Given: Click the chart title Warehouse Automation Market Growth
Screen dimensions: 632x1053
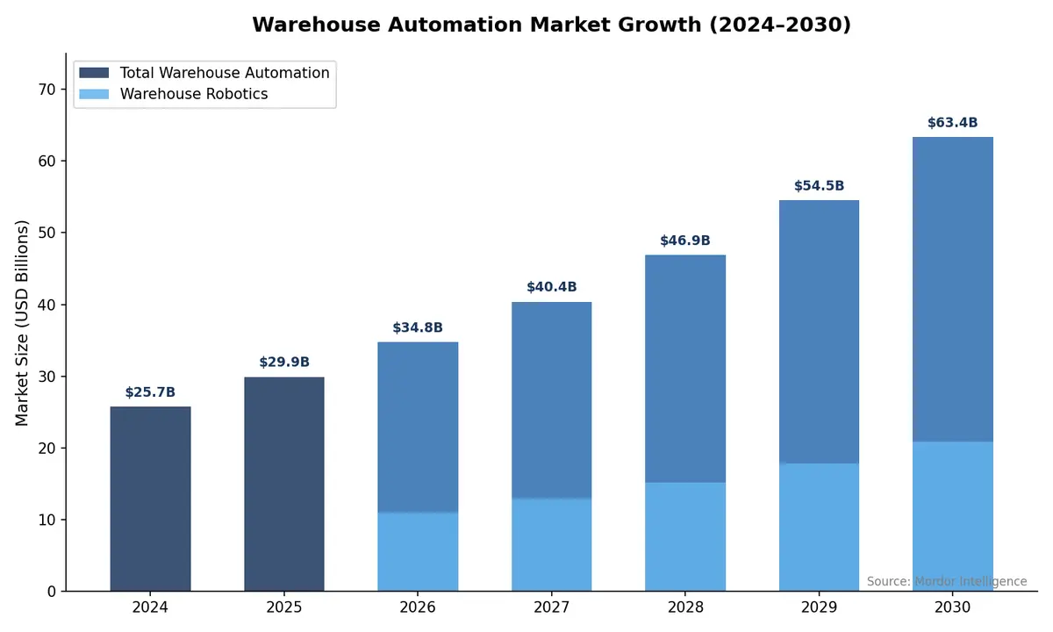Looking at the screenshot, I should coord(551,25).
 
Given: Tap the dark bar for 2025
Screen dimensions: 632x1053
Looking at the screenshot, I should coord(284,484).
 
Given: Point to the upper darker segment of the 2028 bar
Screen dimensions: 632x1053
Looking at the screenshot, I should coord(685,369).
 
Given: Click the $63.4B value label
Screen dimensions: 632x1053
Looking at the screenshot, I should coord(952,123).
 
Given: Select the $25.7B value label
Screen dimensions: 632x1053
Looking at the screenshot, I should coord(150,392).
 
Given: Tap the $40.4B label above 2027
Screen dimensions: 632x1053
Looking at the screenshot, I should coord(551,287).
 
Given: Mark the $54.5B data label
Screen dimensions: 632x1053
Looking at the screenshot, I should coord(819,186).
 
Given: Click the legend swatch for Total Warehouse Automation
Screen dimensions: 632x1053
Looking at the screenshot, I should coord(94,73).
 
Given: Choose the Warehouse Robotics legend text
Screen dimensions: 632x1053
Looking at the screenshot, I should coord(194,94).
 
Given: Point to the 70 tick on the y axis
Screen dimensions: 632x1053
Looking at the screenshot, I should coord(47,90).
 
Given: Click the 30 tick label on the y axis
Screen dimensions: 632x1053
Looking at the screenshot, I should coord(47,377).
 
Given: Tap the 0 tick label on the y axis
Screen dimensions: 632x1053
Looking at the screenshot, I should coord(51,592).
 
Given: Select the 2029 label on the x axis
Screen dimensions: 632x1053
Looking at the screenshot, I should coord(819,607).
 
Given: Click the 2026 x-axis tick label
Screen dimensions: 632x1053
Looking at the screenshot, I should coord(418,607).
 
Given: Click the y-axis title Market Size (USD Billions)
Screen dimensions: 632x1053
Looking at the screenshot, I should coord(23,323).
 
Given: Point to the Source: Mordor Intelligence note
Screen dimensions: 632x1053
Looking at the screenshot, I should coord(946,581).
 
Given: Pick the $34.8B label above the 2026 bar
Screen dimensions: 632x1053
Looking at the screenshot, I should coord(418,328).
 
